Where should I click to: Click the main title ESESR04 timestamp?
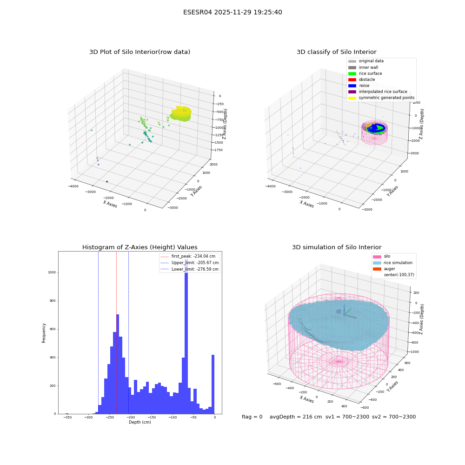coord(232,12)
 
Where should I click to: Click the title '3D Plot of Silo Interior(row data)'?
coord(139,52)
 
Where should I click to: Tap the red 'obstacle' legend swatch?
coord(352,80)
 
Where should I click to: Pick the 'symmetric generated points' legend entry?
coord(381,98)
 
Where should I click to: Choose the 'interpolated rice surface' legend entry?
coord(378,92)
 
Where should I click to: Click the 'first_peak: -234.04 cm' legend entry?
coord(188,256)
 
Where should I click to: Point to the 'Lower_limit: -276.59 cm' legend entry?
coord(189,269)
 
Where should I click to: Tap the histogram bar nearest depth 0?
coord(213,385)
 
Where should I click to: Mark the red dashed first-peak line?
coord(117,332)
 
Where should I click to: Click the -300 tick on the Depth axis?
coord(88,418)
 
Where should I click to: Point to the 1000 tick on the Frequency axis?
coord(52,272)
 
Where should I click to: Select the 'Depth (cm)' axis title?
coord(140,422)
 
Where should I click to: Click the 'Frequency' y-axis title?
coord(44,333)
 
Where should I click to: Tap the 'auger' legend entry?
coord(384,269)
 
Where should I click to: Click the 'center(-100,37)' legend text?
coord(399,275)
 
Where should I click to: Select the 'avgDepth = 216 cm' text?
coord(296,417)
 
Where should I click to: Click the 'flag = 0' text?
coord(252,417)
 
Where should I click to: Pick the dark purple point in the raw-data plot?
coord(107,181)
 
